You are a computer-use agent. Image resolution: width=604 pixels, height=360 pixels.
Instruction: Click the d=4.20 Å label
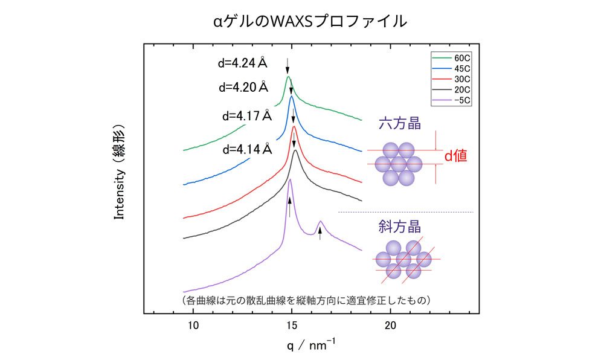coord(243,87)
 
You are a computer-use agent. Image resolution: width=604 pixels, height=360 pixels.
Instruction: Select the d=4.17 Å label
coord(248,115)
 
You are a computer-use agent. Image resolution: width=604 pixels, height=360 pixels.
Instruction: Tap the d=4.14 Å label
coord(248,149)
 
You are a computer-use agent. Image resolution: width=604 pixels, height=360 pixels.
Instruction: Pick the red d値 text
coord(457,156)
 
